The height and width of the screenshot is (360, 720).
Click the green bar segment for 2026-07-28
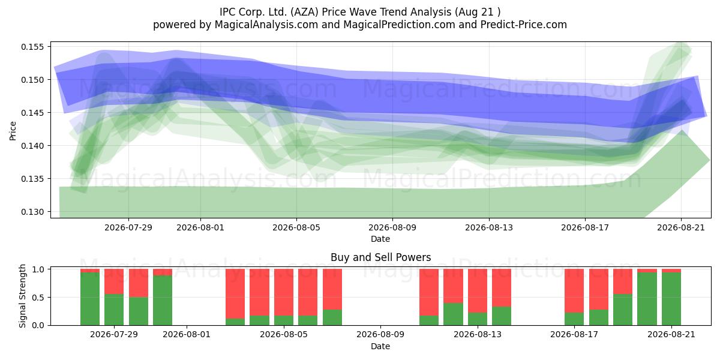point(90,299)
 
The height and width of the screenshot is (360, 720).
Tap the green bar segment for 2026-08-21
point(671,299)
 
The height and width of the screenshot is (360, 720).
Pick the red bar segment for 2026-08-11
point(429,292)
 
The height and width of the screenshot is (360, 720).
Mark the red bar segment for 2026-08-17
point(574,291)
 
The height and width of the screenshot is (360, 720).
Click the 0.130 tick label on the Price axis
point(32,212)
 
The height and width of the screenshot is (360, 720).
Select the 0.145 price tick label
point(32,113)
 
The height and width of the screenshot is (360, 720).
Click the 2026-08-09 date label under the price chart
point(392,227)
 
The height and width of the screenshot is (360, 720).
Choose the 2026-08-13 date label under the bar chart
point(478,335)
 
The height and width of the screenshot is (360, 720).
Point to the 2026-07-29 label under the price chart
point(128,227)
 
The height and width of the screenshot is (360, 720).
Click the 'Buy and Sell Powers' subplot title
point(380,257)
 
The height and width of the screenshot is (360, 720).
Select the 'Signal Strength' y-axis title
point(22,296)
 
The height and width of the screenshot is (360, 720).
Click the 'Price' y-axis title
point(13,131)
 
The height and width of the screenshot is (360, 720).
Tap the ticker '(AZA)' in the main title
point(304,12)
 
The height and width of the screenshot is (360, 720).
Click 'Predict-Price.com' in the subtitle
point(524,25)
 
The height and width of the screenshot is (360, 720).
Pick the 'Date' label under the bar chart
point(380,347)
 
